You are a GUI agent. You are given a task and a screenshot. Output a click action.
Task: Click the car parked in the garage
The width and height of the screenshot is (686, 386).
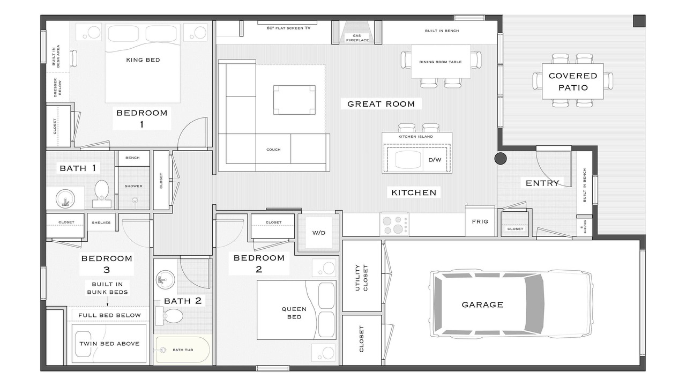point(511,304)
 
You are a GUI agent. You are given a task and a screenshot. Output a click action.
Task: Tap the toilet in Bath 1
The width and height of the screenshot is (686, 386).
point(101,194)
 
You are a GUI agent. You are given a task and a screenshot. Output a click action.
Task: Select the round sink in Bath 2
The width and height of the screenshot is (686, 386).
point(166,279)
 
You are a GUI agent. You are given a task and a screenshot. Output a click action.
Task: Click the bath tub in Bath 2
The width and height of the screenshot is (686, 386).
point(183,350)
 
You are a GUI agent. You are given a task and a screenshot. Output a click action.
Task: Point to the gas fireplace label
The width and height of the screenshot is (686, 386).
point(357,38)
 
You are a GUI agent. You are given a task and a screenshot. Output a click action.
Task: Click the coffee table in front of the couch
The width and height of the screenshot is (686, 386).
point(294,100)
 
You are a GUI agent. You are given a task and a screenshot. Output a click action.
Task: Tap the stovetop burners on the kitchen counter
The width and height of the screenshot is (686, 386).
point(394,225)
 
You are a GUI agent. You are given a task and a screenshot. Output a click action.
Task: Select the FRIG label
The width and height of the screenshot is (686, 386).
point(480,221)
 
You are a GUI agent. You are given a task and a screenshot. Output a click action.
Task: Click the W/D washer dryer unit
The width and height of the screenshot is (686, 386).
point(319,233)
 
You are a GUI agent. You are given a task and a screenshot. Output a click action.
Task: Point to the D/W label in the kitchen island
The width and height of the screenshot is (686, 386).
point(435,160)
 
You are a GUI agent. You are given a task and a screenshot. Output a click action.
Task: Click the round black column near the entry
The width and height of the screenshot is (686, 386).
point(501,158)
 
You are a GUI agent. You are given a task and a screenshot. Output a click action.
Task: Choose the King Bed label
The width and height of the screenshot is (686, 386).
point(143,60)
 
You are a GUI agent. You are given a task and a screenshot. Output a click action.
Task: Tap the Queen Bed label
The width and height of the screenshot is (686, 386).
point(294,313)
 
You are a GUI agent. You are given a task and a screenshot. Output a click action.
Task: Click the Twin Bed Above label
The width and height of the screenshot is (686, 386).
point(109,344)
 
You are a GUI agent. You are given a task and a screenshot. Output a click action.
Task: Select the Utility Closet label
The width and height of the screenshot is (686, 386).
point(361,278)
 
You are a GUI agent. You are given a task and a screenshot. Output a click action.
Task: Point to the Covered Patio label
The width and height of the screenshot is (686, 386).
point(573,81)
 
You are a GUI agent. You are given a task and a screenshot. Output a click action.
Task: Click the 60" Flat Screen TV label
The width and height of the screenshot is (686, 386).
point(288,28)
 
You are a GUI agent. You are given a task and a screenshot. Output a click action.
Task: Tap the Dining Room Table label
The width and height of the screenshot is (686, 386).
point(441,62)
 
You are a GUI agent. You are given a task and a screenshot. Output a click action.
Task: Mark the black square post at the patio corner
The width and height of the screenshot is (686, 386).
point(639,21)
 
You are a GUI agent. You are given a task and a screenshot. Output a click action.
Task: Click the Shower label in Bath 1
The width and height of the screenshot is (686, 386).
point(133,186)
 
